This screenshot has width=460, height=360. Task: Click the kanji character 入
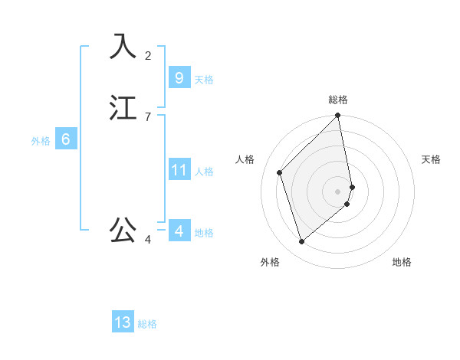[x=123, y=46]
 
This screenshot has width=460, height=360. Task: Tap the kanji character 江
[x=123, y=107]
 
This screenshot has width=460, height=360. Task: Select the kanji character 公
[x=123, y=229]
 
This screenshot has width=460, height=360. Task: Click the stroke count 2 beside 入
[x=148, y=55]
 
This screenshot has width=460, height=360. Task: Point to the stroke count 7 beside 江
[x=148, y=116]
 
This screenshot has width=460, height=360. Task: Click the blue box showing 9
[x=179, y=77]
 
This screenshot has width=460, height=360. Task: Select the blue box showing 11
[x=179, y=169]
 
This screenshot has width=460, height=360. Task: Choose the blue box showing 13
[x=123, y=322]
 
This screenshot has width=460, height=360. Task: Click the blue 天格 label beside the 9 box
[x=204, y=80]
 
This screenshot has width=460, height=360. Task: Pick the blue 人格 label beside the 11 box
[x=204, y=172]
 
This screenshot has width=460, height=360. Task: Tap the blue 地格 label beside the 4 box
[x=204, y=233]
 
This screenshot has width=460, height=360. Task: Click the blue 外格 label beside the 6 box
[x=41, y=141]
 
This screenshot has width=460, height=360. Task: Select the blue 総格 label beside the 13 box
[x=147, y=325]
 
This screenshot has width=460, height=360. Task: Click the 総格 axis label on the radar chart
[x=338, y=100]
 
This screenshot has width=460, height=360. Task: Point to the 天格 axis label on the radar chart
[x=431, y=159]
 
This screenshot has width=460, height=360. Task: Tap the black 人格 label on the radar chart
[x=245, y=159]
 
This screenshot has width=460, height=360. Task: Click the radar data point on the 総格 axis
[x=338, y=116]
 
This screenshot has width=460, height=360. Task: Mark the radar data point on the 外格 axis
[x=301, y=242]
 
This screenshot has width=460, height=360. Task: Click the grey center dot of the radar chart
[x=338, y=191]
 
